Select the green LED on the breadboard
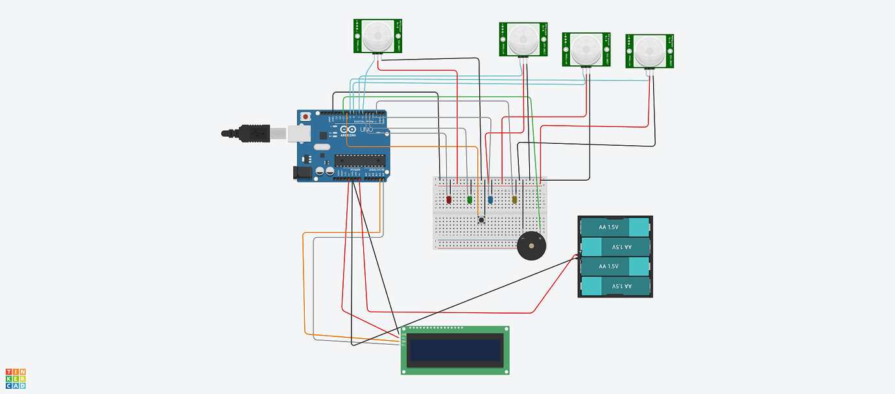(470, 199)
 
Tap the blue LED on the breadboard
(490, 199)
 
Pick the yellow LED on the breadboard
(515, 200)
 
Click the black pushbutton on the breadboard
(481, 220)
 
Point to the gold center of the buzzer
(532, 246)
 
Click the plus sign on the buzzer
(540, 238)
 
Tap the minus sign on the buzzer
(523, 238)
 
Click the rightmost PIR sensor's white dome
(649, 51)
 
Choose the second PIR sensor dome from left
(523, 40)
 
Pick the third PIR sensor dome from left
(586, 49)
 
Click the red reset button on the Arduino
(305, 117)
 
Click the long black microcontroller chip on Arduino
(360, 161)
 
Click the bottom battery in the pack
(615, 286)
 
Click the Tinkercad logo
(16, 378)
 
